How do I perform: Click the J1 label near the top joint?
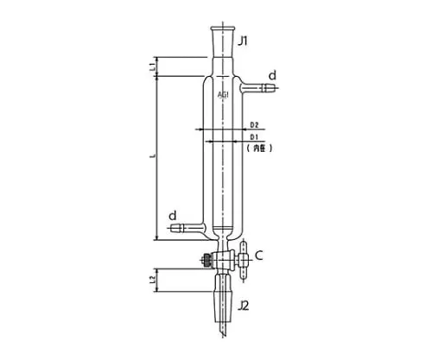click(x=244, y=40)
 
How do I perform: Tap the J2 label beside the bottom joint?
click(x=245, y=305)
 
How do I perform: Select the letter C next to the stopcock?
click(x=258, y=256)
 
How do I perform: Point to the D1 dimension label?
click(x=255, y=137)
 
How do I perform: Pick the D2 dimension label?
click(x=255, y=125)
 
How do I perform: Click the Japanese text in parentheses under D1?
click(x=258, y=148)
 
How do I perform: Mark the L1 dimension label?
click(x=151, y=66)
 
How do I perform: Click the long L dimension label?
click(x=152, y=156)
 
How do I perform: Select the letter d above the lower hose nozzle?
click(x=173, y=213)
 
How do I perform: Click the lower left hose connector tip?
click(x=176, y=230)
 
